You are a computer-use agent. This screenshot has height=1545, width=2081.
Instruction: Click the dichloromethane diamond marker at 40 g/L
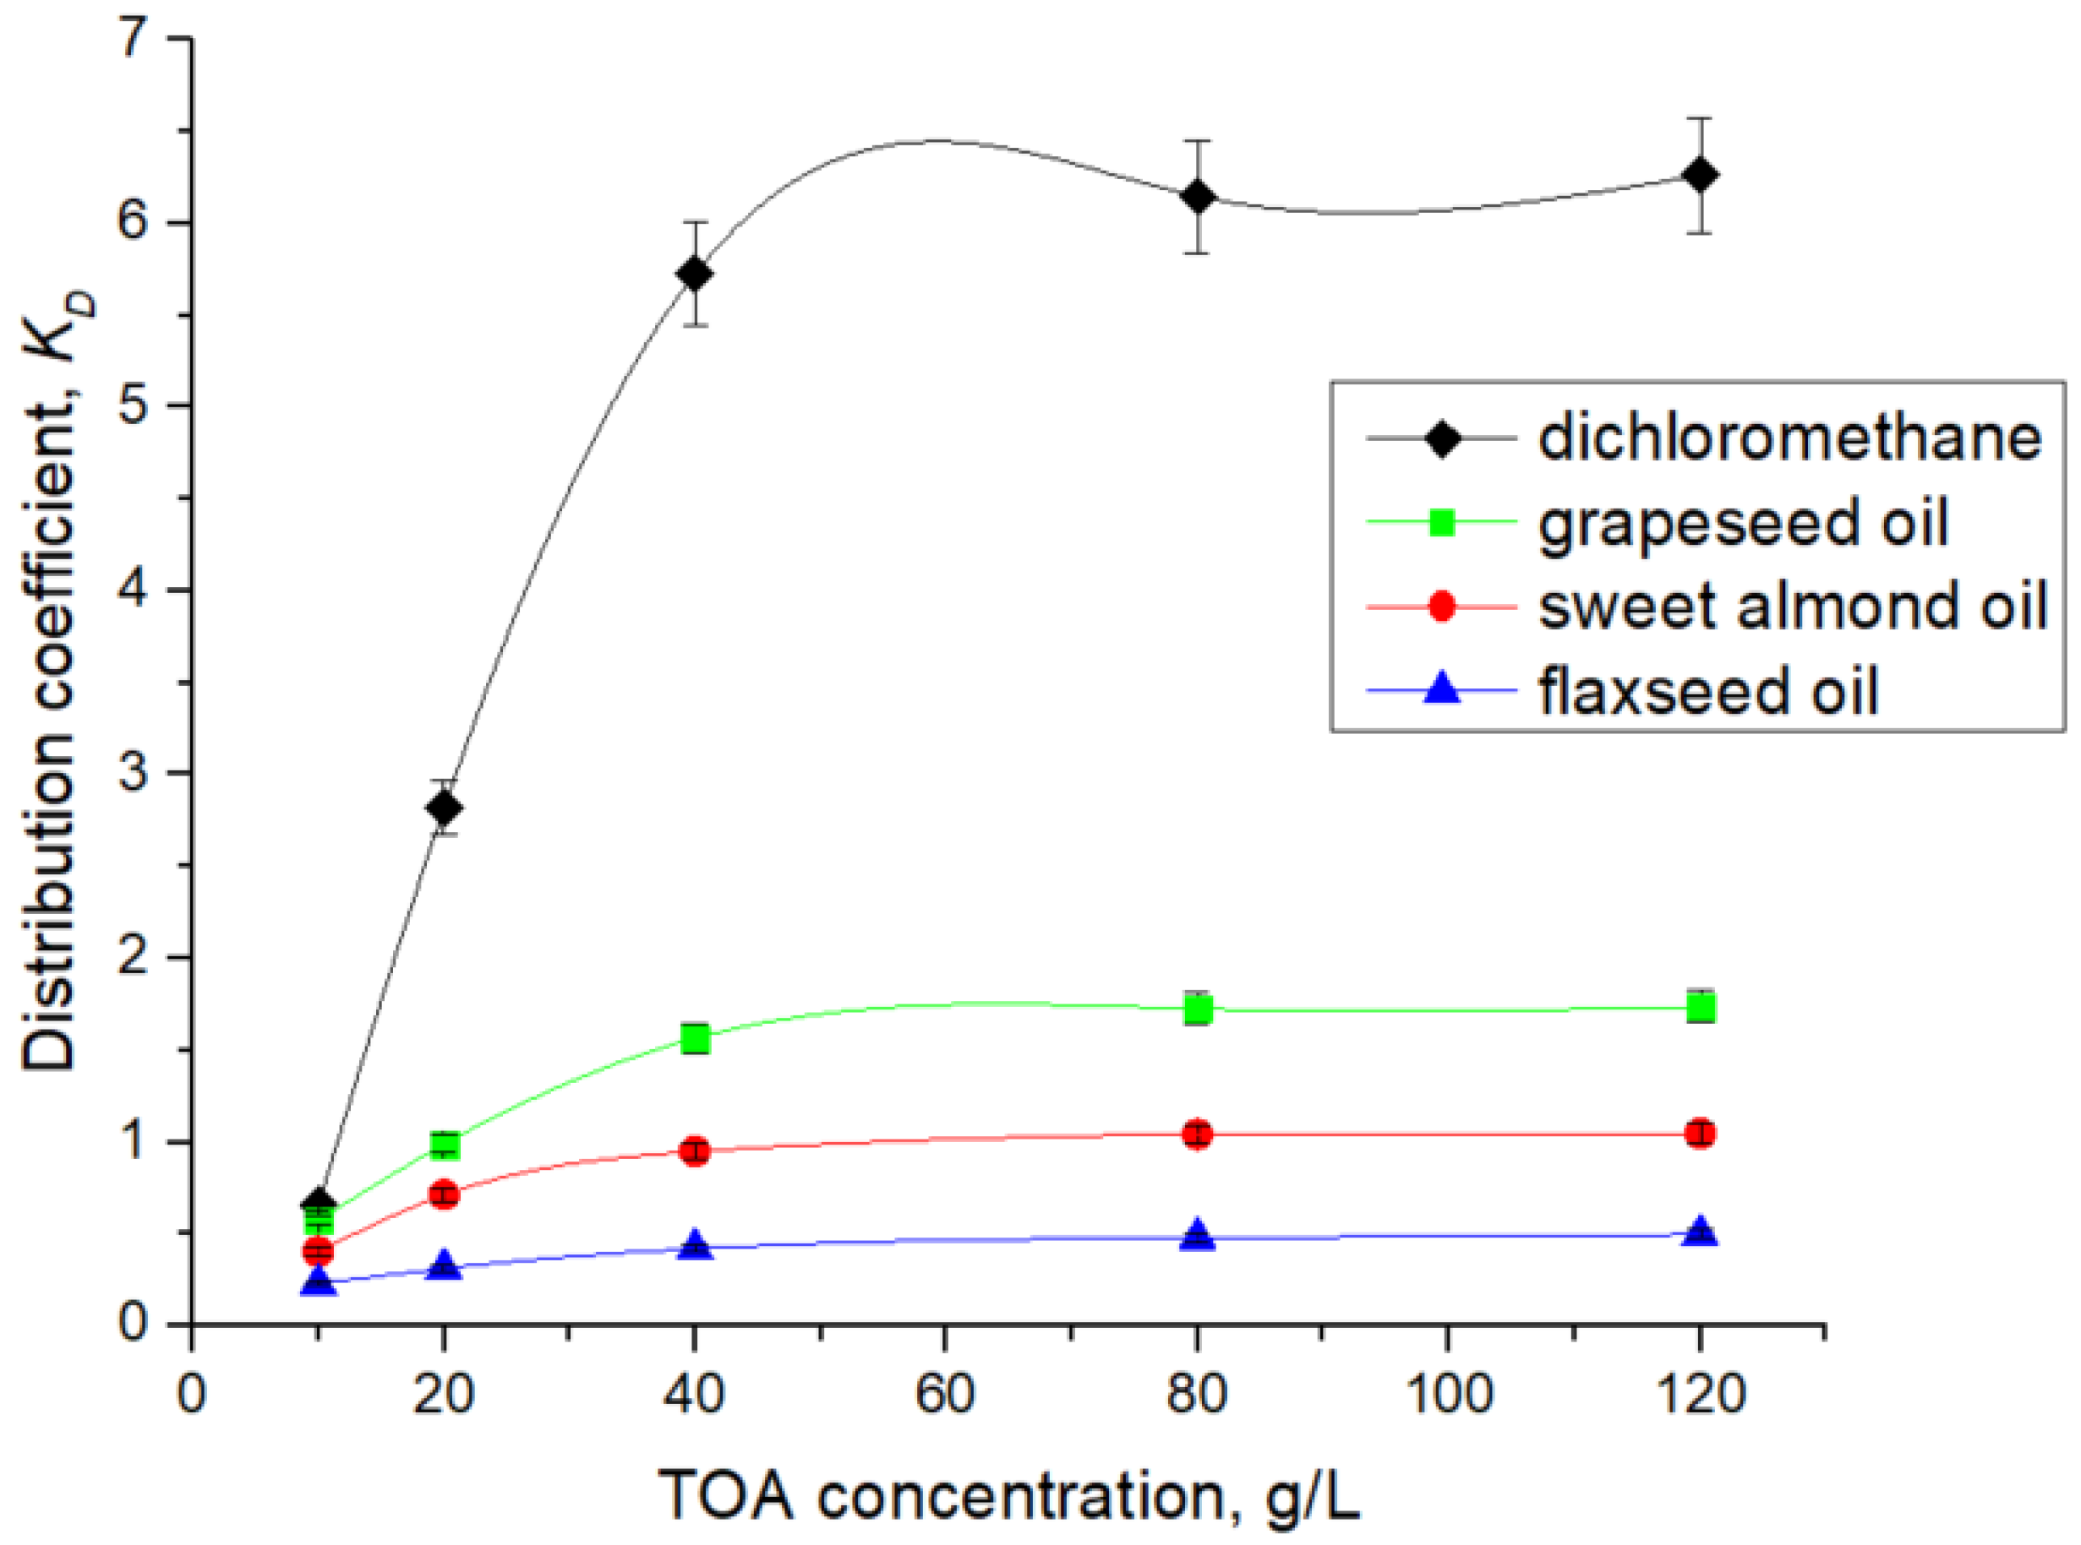click(x=694, y=274)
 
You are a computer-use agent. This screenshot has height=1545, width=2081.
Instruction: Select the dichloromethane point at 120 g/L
click(x=1699, y=175)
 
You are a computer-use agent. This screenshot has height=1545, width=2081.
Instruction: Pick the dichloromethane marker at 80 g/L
click(x=1197, y=198)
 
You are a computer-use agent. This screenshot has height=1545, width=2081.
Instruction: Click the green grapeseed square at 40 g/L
click(x=694, y=1038)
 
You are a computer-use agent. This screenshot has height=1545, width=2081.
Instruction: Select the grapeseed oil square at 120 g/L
click(x=1700, y=1007)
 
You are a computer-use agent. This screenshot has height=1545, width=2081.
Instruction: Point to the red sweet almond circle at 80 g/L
click(x=1197, y=1135)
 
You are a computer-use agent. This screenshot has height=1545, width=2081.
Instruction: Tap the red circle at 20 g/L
click(x=445, y=1194)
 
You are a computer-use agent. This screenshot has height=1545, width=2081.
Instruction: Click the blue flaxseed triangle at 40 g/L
click(x=694, y=1245)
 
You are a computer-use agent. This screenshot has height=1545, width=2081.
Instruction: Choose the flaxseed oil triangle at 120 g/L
click(x=1700, y=1232)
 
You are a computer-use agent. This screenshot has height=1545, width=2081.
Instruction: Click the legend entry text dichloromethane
click(x=1789, y=437)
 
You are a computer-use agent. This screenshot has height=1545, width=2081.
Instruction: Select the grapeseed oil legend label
click(x=1742, y=522)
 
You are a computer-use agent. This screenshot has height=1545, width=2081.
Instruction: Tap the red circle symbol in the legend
click(x=1442, y=606)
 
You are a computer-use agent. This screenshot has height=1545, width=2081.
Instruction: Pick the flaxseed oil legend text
click(x=1707, y=690)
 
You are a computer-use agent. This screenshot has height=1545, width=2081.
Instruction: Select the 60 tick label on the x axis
click(x=945, y=1394)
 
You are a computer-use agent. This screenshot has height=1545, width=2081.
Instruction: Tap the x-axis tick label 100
click(x=1448, y=1394)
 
